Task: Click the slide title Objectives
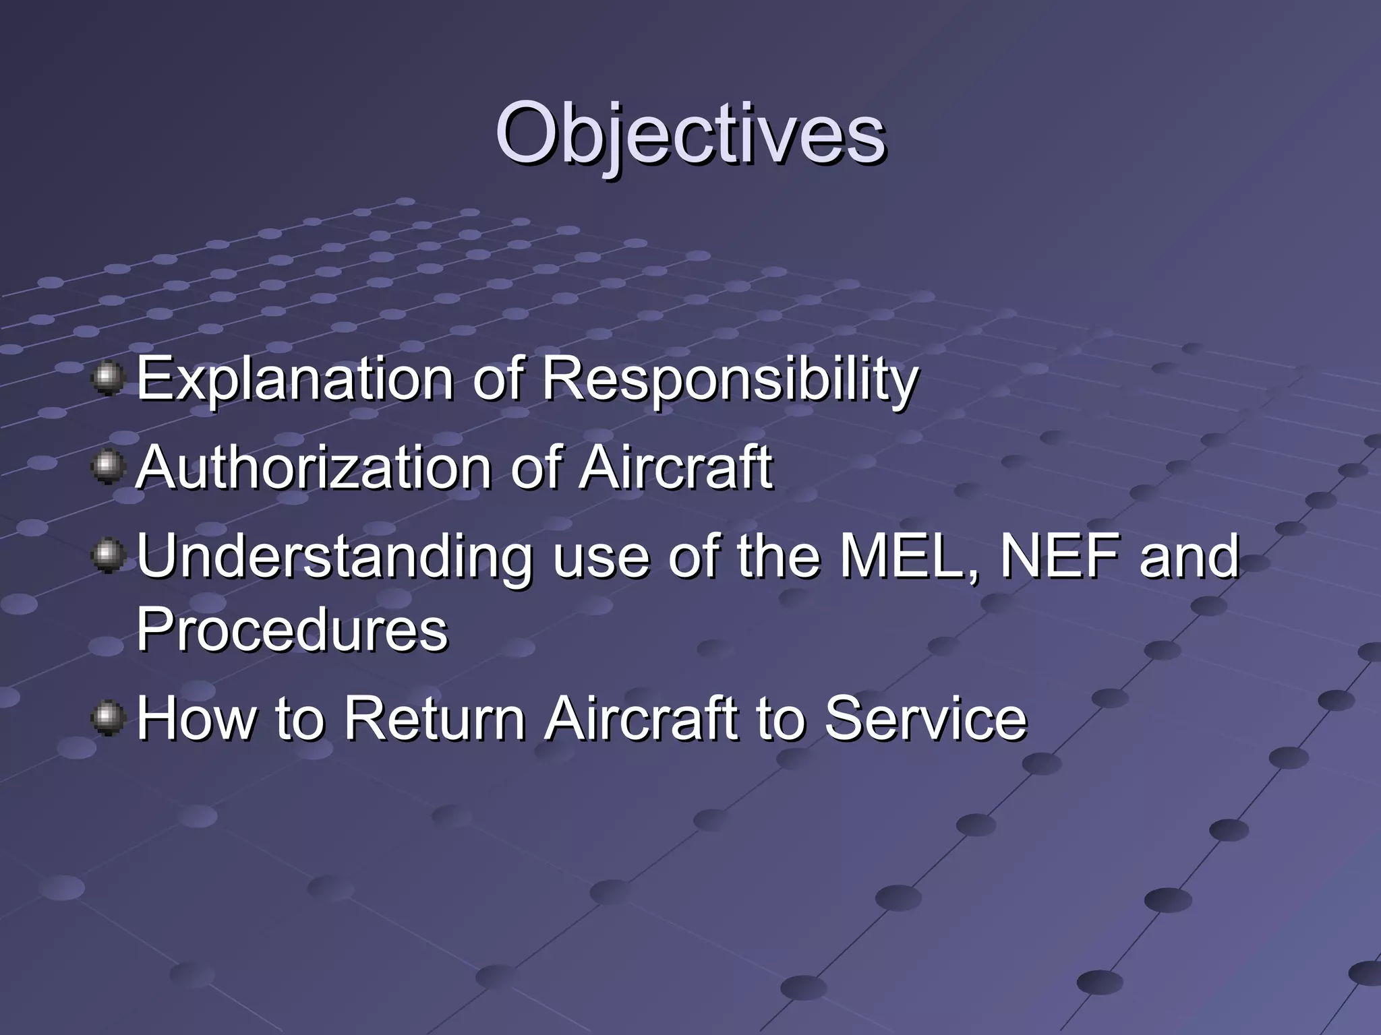(x=690, y=135)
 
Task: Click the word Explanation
(x=295, y=379)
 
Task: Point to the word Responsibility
(x=730, y=379)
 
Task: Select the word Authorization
(x=314, y=468)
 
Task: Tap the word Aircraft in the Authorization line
(x=676, y=468)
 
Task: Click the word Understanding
(x=334, y=557)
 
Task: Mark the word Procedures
(x=292, y=630)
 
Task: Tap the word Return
(x=435, y=719)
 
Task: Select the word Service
(x=925, y=719)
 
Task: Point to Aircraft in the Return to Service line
(x=641, y=719)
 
